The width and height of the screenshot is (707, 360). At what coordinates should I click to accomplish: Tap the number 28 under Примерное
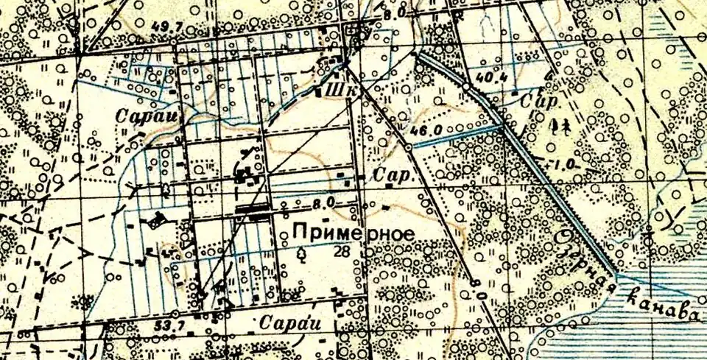point(341,251)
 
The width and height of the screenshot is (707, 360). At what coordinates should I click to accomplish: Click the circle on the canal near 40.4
point(465,87)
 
